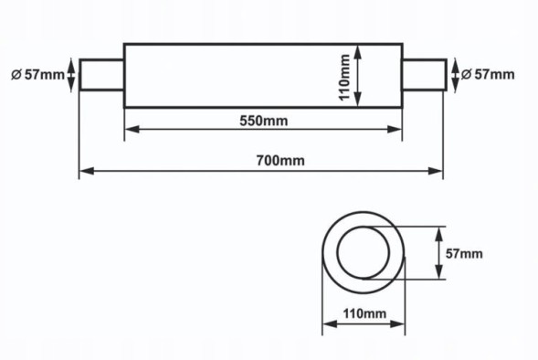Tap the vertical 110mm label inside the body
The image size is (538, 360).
click(x=344, y=75)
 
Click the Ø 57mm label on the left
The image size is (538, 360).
click(x=36, y=75)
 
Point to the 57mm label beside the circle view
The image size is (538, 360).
click(x=463, y=253)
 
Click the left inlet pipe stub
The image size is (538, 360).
click(x=101, y=75)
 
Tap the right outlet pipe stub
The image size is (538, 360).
click(x=424, y=75)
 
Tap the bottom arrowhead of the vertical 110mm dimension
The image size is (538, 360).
click(x=359, y=101)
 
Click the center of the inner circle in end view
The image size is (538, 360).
click(x=369, y=253)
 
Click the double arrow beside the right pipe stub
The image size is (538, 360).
click(x=454, y=75)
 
